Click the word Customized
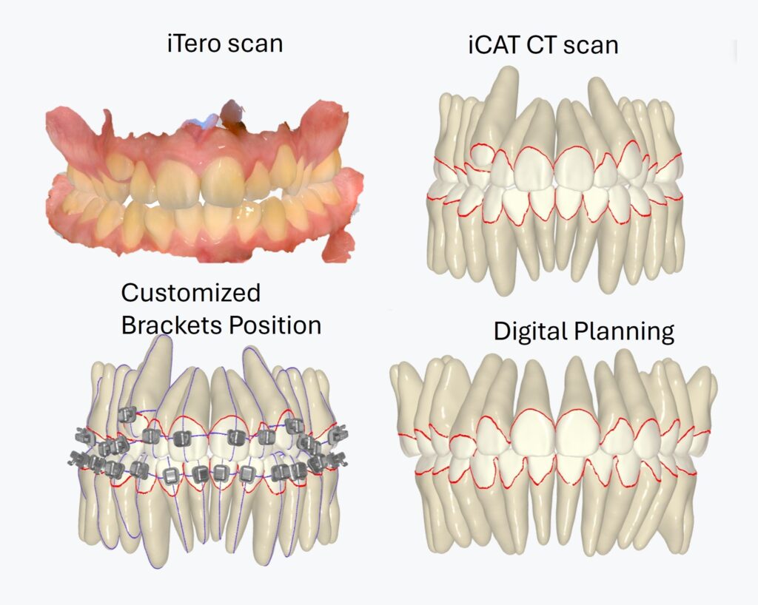click(x=191, y=293)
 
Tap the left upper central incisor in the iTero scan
click(x=178, y=181)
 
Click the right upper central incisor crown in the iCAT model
click(x=579, y=169)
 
